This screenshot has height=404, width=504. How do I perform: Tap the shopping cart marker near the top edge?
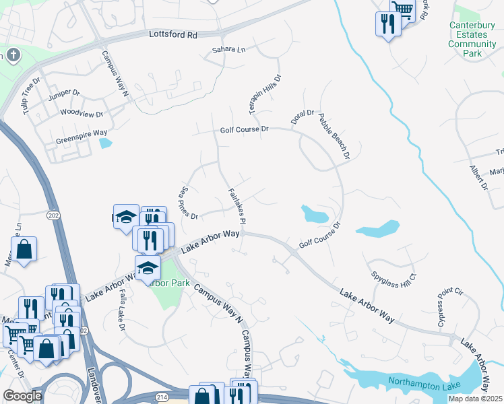coord(402,8)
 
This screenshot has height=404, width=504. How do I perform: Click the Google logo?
coord(22,396)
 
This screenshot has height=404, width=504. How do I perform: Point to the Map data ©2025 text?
coord(474,399)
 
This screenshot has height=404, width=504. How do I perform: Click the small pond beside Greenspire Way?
coord(105,143)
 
